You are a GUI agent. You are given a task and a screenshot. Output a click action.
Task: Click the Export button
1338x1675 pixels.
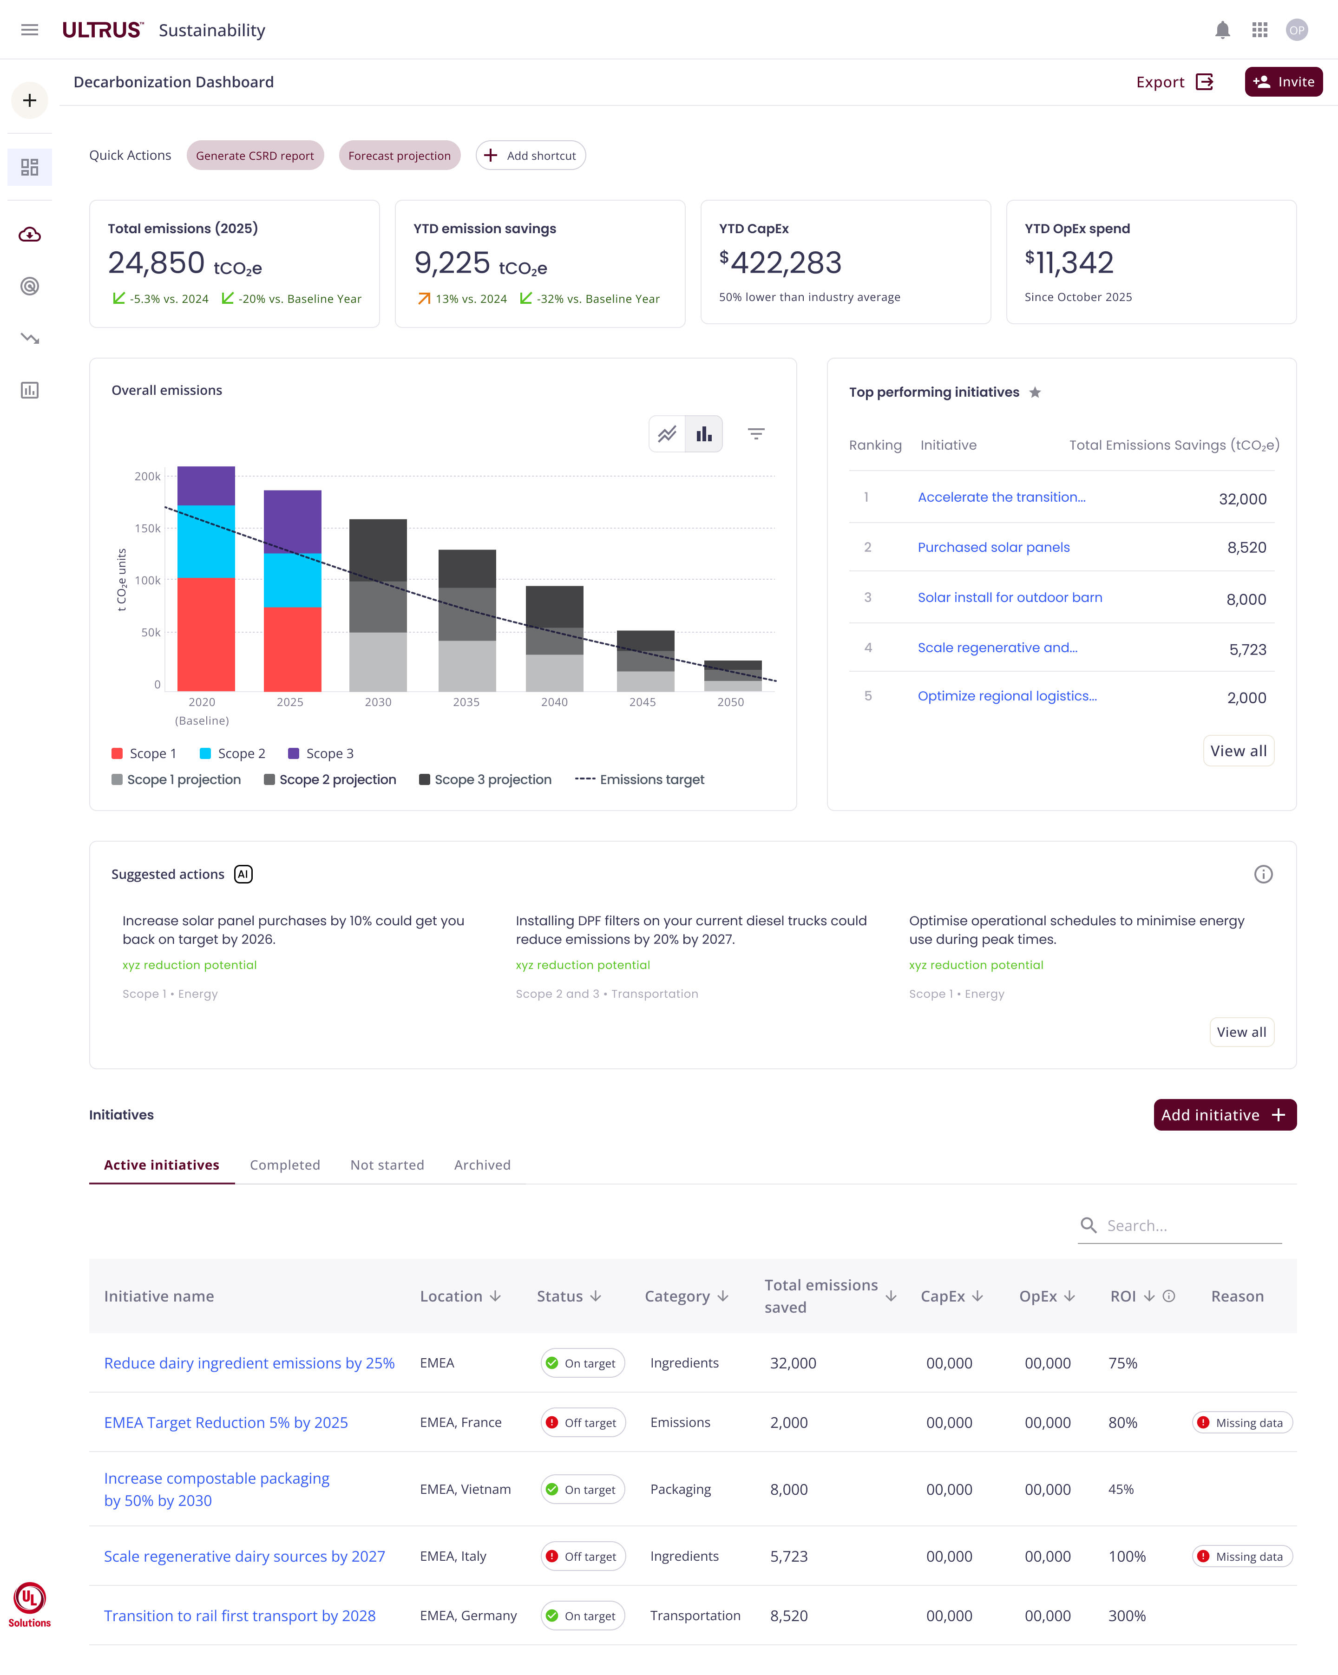coord(1173,82)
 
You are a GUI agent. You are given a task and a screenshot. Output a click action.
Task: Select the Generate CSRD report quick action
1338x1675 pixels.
coord(255,156)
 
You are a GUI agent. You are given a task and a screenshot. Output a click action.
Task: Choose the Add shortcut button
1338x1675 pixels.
coord(531,156)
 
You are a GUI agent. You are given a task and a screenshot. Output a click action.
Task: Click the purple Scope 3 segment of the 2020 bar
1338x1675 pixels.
coord(206,485)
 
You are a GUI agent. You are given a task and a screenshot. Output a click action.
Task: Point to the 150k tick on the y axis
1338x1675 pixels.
coord(148,528)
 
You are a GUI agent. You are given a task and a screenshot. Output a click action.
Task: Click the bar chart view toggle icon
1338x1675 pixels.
coord(704,434)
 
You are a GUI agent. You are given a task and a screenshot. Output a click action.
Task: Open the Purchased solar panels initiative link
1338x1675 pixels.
coord(993,547)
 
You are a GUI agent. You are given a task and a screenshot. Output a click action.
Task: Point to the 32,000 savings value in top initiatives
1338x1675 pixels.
coord(1242,499)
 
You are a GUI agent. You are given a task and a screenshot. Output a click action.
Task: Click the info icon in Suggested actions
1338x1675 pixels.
coord(1263,874)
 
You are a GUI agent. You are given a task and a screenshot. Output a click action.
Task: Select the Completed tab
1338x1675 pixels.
coord(284,1165)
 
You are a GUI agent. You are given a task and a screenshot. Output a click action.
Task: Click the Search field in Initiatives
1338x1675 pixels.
coord(1189,1225)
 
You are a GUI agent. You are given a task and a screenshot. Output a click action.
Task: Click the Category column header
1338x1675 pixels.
coord(685,1296)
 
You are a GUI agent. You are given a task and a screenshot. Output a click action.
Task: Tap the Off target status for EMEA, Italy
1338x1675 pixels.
coord(583,1556)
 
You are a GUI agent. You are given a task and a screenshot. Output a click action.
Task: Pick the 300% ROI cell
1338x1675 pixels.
coord(1127,1616)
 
